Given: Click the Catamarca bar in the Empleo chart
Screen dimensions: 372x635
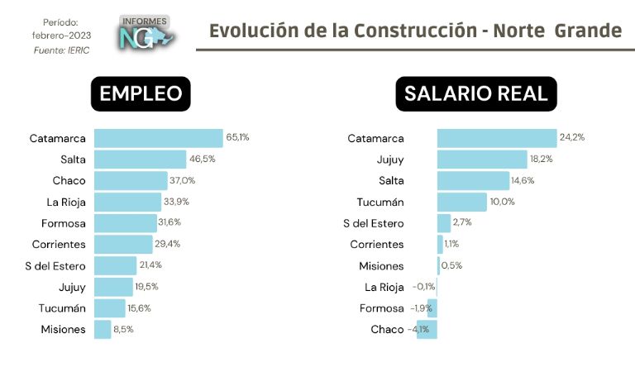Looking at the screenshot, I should point(158,138).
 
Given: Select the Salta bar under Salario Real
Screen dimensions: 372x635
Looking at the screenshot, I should point(473,181).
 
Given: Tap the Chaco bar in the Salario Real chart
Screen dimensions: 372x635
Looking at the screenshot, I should point(427,329).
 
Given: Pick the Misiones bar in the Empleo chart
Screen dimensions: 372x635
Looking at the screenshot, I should point(103,329).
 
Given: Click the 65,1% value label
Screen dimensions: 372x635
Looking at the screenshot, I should point(236,136).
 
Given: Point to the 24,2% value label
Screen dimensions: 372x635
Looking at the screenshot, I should point(572,137).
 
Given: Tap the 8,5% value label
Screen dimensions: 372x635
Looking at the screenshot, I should point(123,329).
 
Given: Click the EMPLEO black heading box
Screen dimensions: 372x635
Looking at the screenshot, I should point(141,94).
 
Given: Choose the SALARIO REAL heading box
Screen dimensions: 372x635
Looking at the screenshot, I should point(475,94).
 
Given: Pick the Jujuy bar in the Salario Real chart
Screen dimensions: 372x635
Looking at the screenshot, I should point(481,160).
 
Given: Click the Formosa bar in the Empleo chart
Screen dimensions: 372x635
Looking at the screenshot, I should point(125,223).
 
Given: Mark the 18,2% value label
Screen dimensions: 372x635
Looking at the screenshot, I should point(542,159).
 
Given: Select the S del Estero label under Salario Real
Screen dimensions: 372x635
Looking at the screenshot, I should point(374,223).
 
